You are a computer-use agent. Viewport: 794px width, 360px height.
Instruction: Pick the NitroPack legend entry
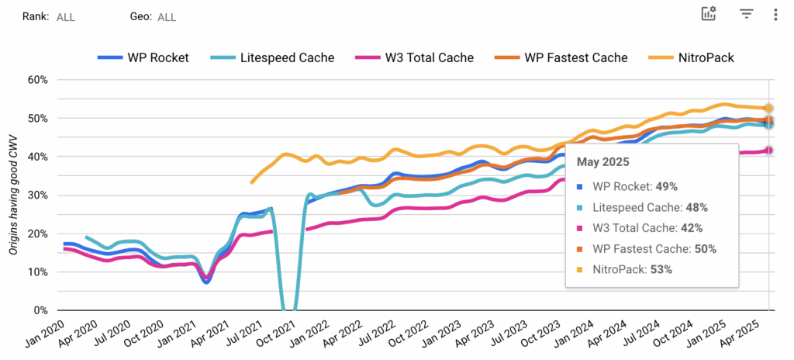[x=694, y=57]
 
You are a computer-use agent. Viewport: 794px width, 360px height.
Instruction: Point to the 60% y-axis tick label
[x=37, y=80]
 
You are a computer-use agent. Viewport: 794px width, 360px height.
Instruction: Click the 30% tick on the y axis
[x=37, y=196]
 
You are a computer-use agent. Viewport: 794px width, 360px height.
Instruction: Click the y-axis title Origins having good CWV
[x=13, y=194]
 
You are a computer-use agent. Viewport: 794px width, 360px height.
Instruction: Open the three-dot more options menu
[x=775, y=13]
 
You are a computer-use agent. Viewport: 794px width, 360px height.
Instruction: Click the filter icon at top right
[x=747, y=13]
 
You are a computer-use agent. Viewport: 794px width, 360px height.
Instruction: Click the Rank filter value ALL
[x=66, y=16]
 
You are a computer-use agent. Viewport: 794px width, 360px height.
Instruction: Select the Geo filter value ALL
[x=167, y=16]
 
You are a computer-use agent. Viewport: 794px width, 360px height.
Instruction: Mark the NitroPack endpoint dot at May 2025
[x=768, y=109]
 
